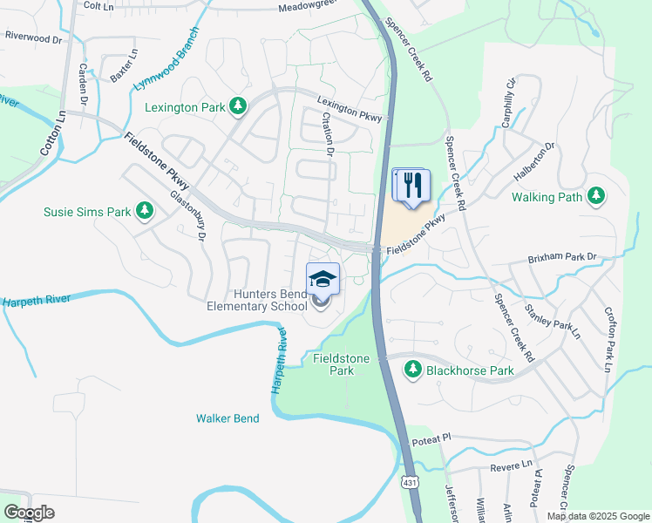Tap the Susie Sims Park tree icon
[x=146, y=211]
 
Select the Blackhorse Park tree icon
[x=412, y=370]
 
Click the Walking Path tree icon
[x=596, y=197]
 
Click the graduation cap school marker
[x=323, y=279]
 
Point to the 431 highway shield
[x=410, y=482]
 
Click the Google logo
[x=30, y=513]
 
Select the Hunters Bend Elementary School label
[x=257, y=301]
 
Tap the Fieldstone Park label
[x=341, y=364]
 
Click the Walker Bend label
[x=228, y=418]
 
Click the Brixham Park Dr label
[x=561, y=258]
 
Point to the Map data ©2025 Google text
[x=597, y=516]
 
